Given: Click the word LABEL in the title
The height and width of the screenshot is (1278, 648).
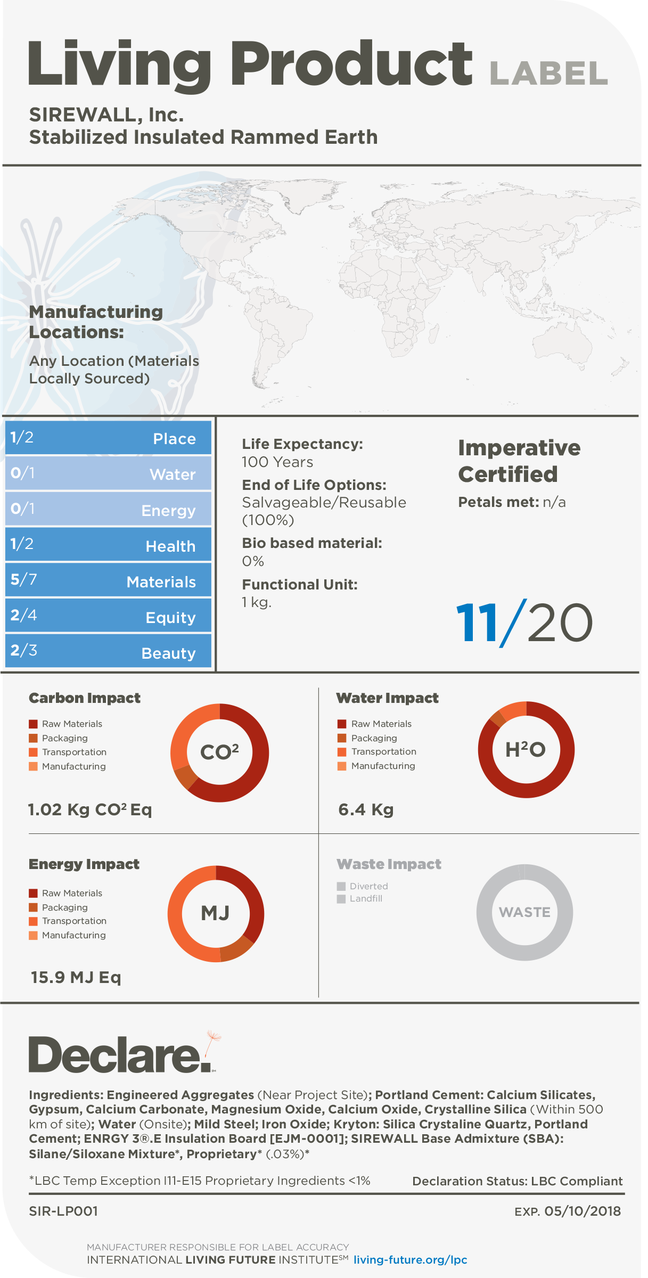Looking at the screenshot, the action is coord(548,73).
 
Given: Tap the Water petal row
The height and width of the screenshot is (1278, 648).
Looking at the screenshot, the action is coord(108,473).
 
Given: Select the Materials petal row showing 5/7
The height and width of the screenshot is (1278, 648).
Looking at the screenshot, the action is coord(108,580).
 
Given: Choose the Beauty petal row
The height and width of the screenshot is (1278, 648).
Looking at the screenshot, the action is coord(108,651).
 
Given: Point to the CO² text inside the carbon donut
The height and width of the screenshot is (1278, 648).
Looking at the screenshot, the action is coord(219,752).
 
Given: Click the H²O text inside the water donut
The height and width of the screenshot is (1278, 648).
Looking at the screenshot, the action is coord(526,749).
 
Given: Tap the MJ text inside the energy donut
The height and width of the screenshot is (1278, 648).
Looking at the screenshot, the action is coord(215,913).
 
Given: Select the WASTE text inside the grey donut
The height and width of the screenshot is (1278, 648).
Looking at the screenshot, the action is coord(524,912).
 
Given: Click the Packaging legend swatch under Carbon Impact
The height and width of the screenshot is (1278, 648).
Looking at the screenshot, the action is coord(33,738).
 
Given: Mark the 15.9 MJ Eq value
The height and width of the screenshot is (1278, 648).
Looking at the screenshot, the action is coord(76,978).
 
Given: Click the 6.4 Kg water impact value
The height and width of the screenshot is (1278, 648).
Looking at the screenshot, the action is coord(366,810).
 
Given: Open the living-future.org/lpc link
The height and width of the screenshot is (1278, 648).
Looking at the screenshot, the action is coord(411,1260).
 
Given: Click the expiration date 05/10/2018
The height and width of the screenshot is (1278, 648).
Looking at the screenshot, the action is coord(583,1211).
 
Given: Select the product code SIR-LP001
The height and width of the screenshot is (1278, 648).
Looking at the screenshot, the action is coord(63,1211).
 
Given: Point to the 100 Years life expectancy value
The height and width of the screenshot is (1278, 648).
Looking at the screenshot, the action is coord(277,462).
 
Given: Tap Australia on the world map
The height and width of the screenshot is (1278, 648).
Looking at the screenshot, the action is coord(564,341).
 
